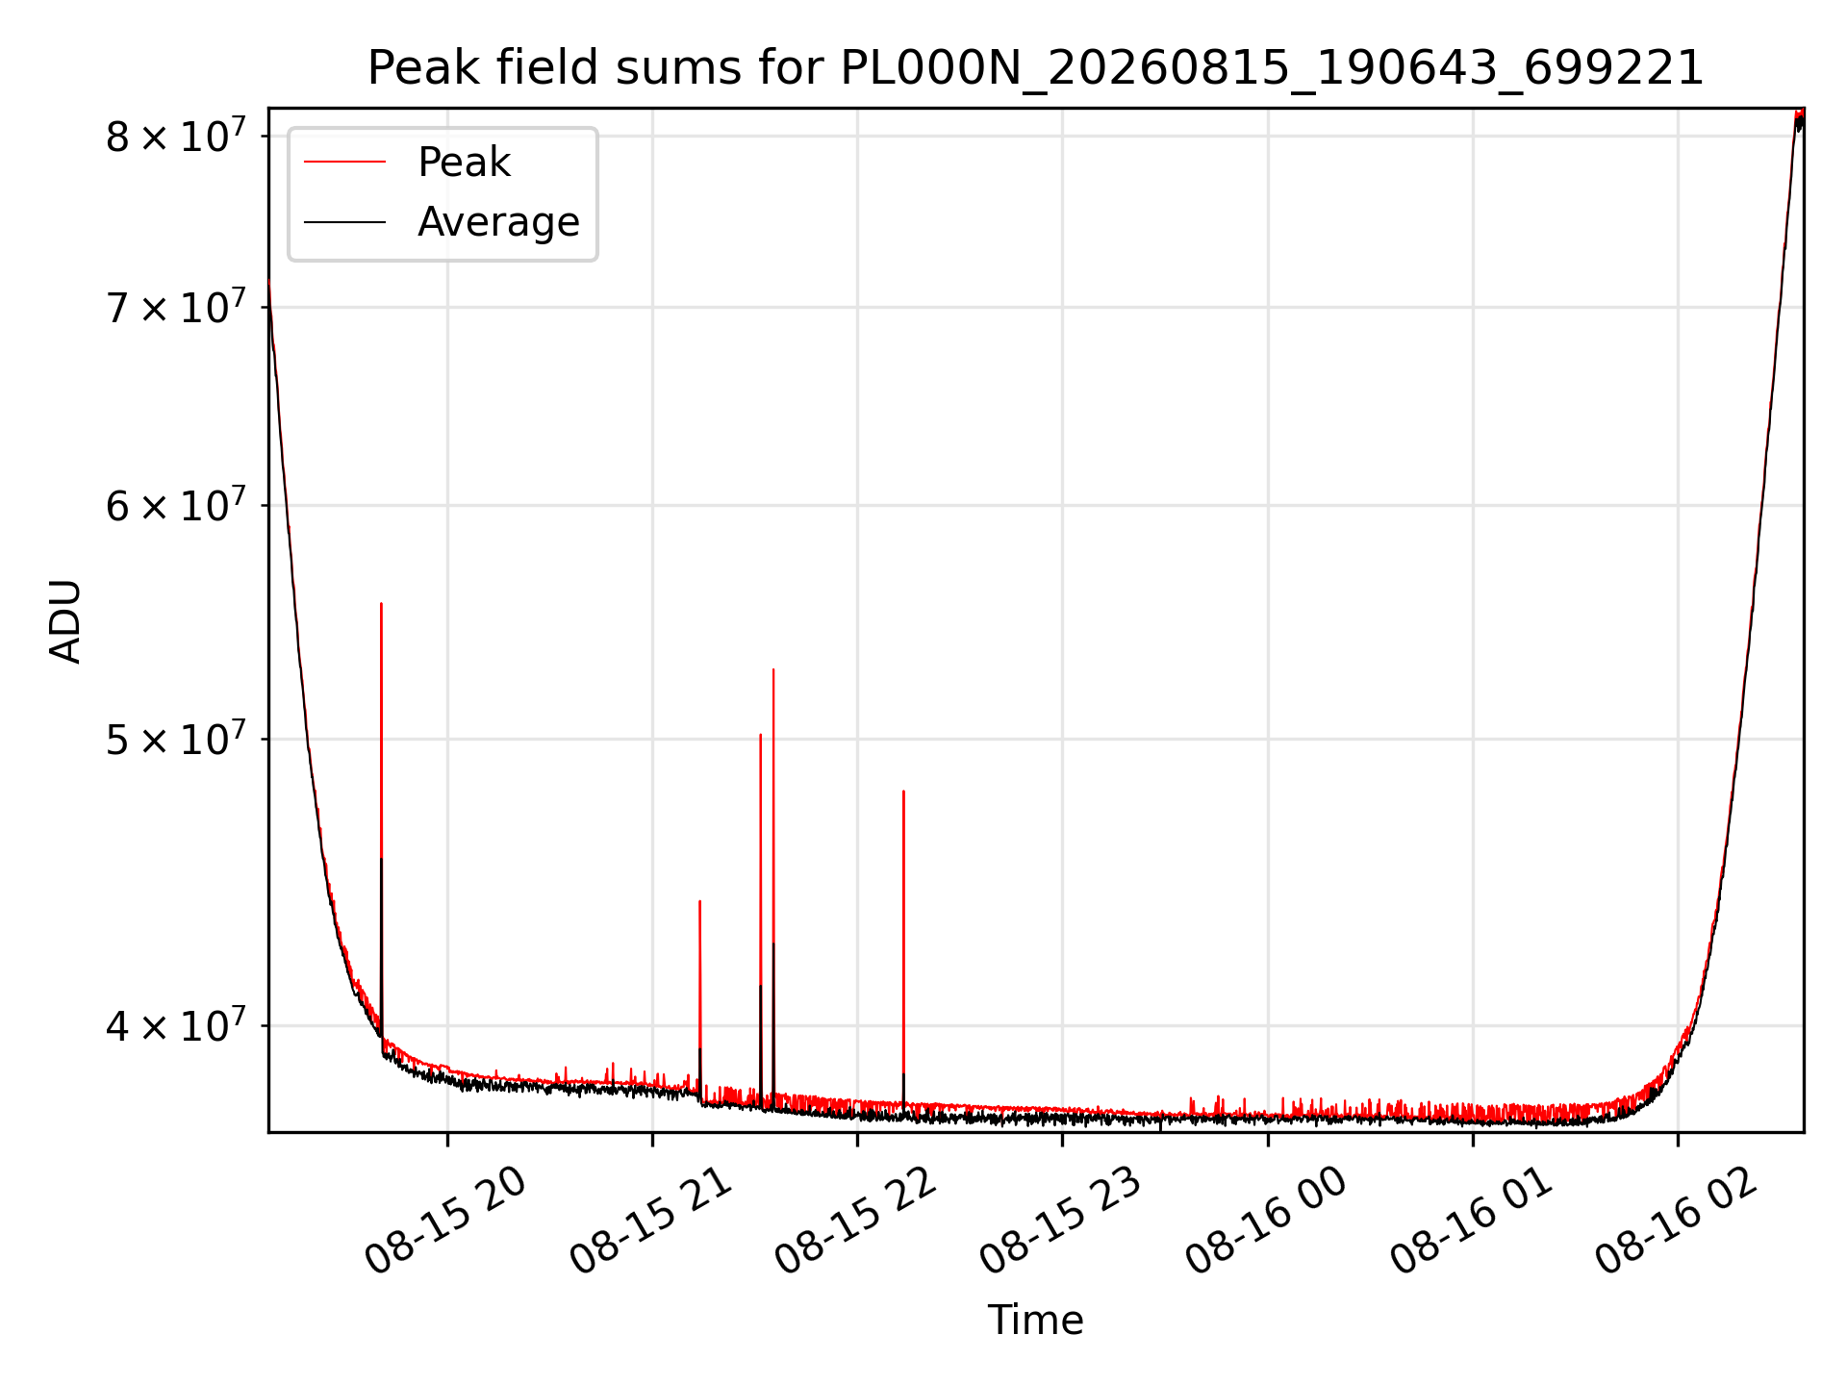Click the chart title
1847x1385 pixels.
click(x=1035, y=68)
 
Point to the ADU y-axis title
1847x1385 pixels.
click(x=65, y=620)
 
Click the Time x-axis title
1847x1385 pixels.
click(x=1035, y=1321)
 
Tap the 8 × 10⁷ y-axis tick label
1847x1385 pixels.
click(x=176, y=136)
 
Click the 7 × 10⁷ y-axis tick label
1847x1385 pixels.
click(x=176, y=308)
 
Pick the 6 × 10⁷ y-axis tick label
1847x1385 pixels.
click(x=176, y=505)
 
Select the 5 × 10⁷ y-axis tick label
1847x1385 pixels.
click(x=176, y=740)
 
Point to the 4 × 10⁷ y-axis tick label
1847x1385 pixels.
click(x=176, y=1025)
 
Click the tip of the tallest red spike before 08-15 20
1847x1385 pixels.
click(x=381, y=603)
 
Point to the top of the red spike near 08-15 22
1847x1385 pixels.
click(x=903, y=791)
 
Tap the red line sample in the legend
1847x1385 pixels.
click(x=344, y=163)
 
